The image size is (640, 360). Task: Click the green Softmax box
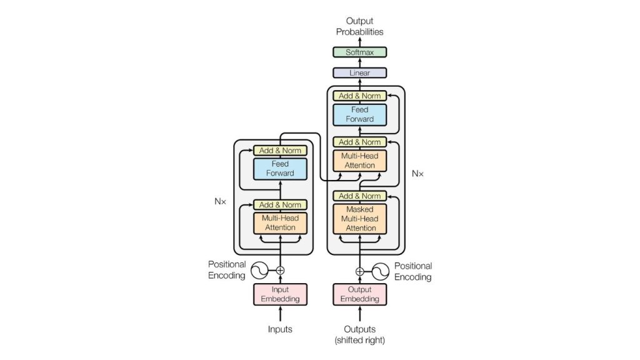click(x=359, y=52)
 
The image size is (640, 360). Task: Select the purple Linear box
click(x=359, y=73)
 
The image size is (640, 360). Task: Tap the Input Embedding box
click(x=280, y=294)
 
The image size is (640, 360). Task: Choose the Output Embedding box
click(x=359, y=294)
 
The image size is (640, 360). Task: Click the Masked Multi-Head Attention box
click(x=359, y=219)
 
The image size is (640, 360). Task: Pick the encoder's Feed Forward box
click(x=280, y=168)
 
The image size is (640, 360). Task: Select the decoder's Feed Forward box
click(x=359, y=114)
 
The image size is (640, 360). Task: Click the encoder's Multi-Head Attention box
click(x=280, y=223)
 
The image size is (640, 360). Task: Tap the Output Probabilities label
click(x=359, y=26)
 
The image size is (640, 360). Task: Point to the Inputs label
click(x=280, y=329)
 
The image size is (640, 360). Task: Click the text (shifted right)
click(x=359, y=341)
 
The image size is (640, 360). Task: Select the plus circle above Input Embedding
click(x=280, y=271)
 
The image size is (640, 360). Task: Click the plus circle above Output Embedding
click(x=359, y=271)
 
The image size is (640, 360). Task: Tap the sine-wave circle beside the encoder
click(x=259, y=271)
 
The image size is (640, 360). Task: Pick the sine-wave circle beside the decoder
click(x=381, y=271)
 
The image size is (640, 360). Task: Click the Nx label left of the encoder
click(x=220, y=201)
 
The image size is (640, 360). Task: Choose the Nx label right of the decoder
click(x=417, y=173)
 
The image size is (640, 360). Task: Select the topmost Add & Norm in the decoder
click(x=359, y=96)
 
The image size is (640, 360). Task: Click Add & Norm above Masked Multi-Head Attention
click(x=359, y=196)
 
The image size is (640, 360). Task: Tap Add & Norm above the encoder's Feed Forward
click(x=280, y=151)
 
